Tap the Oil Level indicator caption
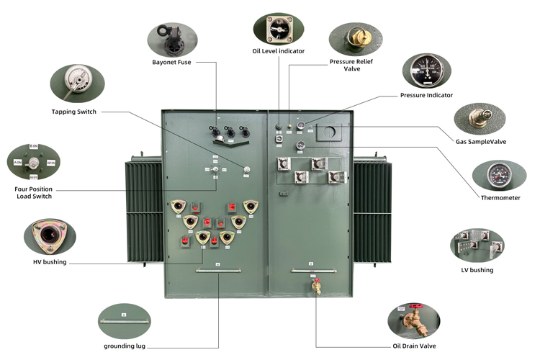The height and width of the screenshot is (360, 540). tap(278, 51)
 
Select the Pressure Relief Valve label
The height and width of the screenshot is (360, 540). tap(351, 65)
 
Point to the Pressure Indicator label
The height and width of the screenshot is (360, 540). tap(426, 95)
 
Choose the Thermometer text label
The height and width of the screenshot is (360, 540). tap(500, 197)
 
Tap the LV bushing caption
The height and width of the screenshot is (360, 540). tap(477, 270)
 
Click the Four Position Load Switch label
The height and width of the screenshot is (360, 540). tap(34, 192)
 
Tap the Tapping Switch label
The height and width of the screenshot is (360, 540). tap(73, 112)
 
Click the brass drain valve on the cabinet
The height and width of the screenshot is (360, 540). tap(315, 287)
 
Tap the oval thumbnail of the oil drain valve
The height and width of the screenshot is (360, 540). tap(413, 321)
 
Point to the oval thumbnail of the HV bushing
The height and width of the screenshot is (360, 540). tap(50, 236)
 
